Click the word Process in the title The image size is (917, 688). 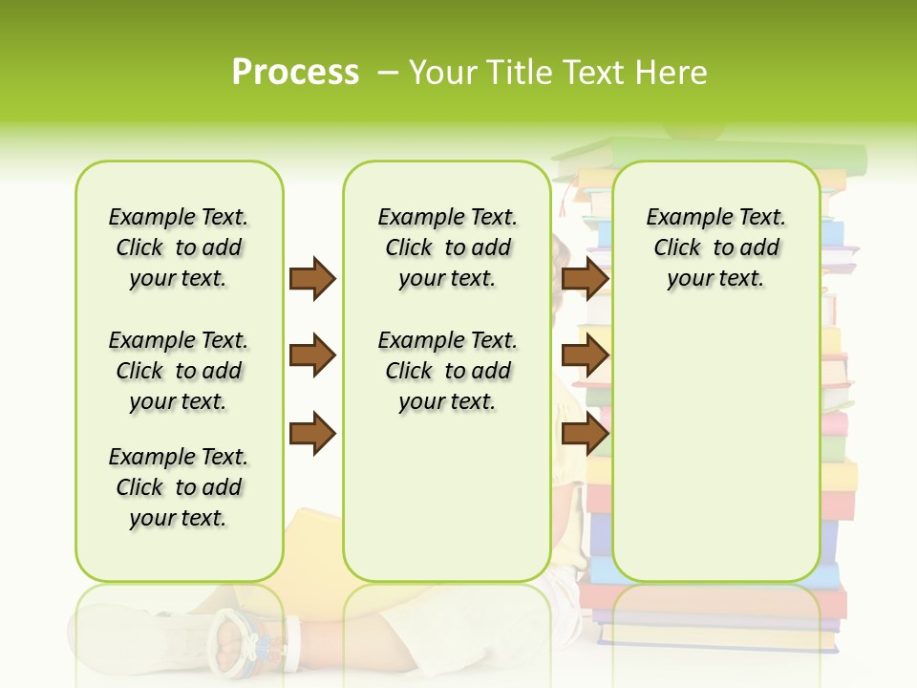tap(295, 73)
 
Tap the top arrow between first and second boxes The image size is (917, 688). tap(312, 278)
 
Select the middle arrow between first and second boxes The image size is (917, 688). tap(312, 355)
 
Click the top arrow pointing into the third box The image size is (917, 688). tap(585, 278)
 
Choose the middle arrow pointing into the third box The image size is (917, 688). tap(585, 355)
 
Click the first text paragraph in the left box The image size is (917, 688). tap(179, 247)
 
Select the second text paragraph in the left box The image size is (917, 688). tap(179, 371)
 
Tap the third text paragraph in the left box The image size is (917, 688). tap(179, 487)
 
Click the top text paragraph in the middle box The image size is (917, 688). tap(447, 247)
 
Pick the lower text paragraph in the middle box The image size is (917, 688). tap(447, 371)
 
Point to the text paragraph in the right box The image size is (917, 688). tap(715, 247)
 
